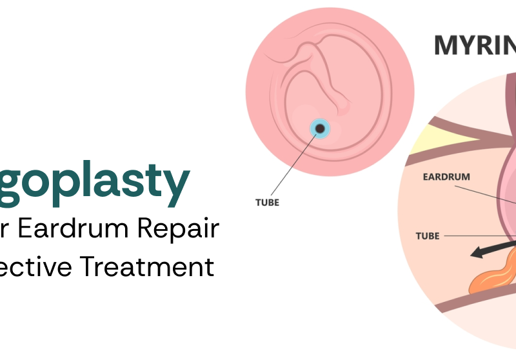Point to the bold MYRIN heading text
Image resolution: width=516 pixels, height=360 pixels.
click(473, 45)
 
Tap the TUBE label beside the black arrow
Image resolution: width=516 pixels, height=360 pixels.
click(427, 235)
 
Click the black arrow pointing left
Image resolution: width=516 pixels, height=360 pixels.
click(494, 249)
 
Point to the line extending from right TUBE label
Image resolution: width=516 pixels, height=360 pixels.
click(477, 236)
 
